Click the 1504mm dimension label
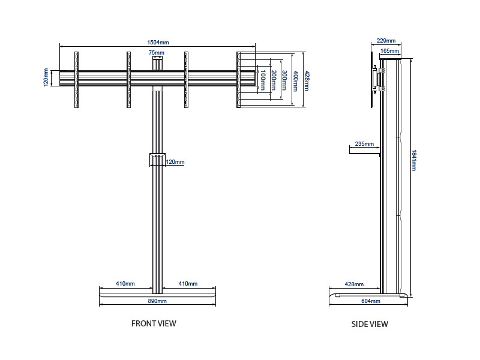click(157, 43)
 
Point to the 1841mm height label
click(413, 160)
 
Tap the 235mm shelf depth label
click(364, 144)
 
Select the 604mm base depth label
click(371, 301)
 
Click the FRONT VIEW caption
click(154, 323)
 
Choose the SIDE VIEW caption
click(370, 324)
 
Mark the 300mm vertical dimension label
click(284, 80)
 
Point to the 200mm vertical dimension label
click(274, 80)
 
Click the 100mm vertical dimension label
click(263, 80)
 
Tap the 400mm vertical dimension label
click(295, 80)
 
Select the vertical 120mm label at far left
click(46, 77)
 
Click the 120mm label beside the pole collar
click(175, 162)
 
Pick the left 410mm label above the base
click(125, 283)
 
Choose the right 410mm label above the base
click(188, 283)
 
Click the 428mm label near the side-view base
click(354, 284)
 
